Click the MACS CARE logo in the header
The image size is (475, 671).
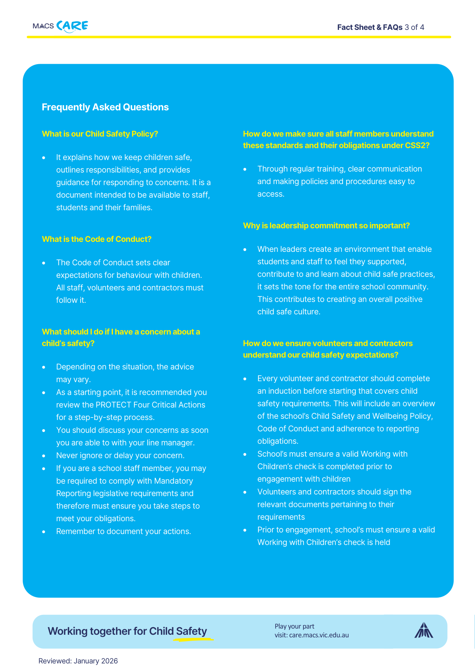tap(61, 26)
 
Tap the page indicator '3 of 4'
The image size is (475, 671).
tap(414, 27)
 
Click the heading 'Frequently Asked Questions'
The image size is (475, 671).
tap(105, 107)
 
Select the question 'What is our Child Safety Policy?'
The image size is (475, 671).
tap(100, 134)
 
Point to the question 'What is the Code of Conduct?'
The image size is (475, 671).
tap(97, 239)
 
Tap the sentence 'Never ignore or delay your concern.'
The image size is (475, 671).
tap(120, 455)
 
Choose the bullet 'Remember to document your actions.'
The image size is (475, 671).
tap(124, 531)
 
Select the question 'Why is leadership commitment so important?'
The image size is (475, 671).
tap(326, 226)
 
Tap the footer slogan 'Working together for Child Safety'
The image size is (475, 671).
tap(127, 631)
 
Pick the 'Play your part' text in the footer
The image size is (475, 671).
tap(294, 626)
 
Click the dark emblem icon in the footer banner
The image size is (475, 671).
tap(424, 630)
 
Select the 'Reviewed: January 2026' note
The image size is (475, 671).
tap(78, 661)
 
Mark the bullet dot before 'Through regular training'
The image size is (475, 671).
tap(245, 169)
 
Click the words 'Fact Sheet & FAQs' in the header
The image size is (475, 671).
tap(370, 27)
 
